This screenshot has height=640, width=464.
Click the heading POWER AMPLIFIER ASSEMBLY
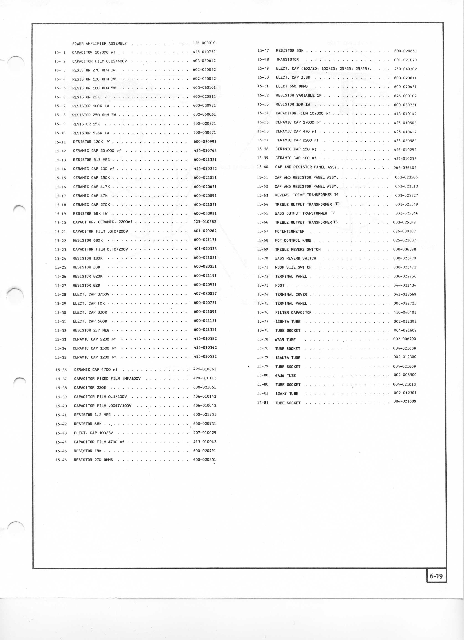coord(99,44)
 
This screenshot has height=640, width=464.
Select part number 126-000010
coord(204,43)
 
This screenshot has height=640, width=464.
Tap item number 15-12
coord(60,151)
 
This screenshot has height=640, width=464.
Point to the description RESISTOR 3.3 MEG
coord(91,160)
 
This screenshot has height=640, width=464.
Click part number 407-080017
coord(205,293)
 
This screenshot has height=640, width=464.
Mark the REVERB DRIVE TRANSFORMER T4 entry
coord(306,195)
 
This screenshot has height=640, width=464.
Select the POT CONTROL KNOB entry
coord(293,240)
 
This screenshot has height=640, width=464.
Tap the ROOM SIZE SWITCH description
coord(293,267)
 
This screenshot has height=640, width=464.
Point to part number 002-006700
coord(405,339)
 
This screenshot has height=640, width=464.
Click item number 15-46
coord(61,460)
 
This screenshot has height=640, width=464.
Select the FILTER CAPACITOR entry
coord(293,312)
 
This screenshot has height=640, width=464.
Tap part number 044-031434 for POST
coord(405,285)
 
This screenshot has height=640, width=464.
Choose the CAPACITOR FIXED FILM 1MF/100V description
coord(107,379)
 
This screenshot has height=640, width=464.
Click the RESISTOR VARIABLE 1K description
coord(298,95)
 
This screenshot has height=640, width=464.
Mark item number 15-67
coord(262,231)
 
